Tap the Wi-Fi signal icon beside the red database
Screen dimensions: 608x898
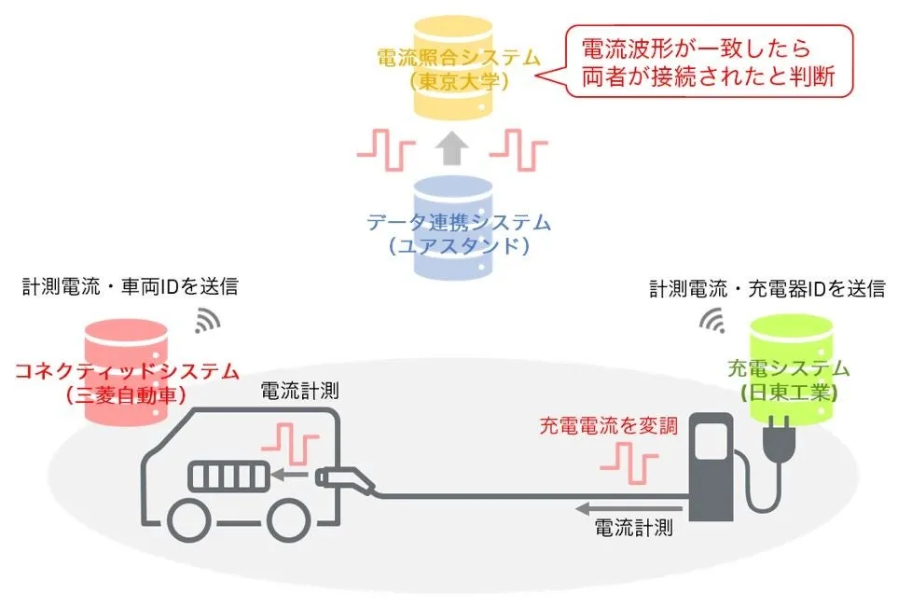(x=207, y=321)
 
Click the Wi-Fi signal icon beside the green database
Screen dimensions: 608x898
(x=714, y=322)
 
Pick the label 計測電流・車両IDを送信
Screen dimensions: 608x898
(x=130, y=286)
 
